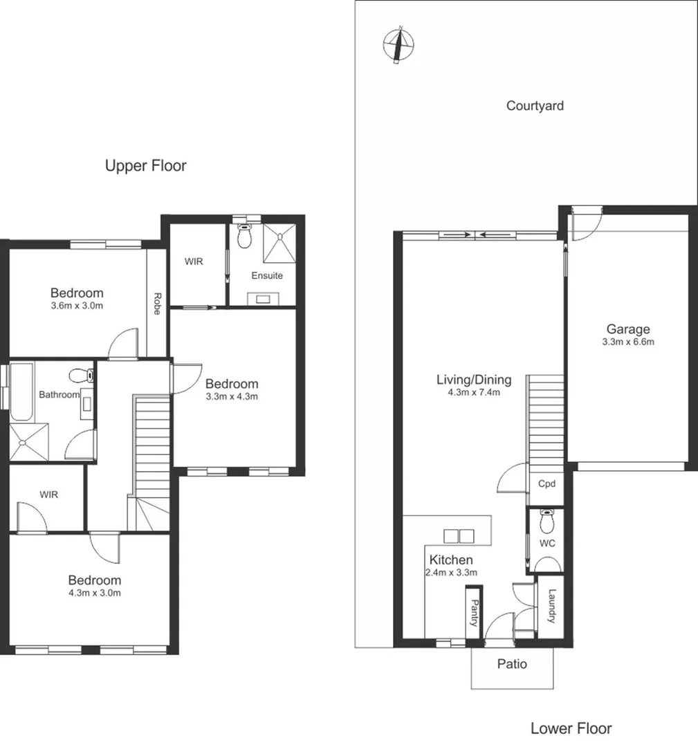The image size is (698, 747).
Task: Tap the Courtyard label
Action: [535, 106]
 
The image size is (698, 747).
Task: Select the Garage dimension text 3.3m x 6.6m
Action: [628, 342]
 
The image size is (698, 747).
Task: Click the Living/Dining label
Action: [474, 379]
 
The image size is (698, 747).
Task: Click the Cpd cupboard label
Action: [547, 484]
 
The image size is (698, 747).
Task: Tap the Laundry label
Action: [551, 606]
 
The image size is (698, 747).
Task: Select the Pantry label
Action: [475, 612]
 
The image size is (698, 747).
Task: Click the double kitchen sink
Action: [459, 535]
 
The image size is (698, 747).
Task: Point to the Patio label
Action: [513, 664]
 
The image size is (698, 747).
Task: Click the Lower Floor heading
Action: [571, 728]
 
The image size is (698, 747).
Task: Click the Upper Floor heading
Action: [145, 166]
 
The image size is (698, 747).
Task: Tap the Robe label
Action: [157, 304]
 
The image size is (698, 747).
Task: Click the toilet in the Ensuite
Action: [243, 237]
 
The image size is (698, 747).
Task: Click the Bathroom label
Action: [59, 395]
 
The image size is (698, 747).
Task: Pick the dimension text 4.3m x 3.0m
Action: [94, 593]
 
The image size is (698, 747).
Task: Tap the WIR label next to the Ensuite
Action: [193, 262]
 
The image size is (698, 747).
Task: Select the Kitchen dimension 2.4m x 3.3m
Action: [451, 572]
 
